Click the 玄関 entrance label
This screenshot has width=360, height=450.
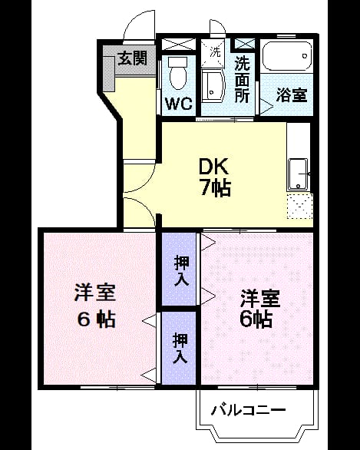(133, 58)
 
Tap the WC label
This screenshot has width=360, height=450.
(179, 104)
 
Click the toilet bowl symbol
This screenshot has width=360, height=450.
(178, 73)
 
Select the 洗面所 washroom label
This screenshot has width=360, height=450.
(242, 80)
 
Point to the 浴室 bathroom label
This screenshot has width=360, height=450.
(292, 94)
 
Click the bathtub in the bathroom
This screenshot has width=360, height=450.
(287, 56)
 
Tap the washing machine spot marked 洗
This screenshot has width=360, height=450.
(215, 52)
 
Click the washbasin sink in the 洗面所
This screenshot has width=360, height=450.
(213, 86)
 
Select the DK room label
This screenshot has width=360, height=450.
(213, 167)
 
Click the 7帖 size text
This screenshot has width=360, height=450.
(215, 188)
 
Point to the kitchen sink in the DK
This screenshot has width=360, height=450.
(299, 174)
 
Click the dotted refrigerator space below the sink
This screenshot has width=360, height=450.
(299, 207)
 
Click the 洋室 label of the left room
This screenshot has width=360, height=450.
(94, 293)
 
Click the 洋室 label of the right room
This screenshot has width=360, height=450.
(260, 299)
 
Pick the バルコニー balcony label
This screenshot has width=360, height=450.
(249, 410)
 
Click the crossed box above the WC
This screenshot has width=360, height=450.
(179, 45)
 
